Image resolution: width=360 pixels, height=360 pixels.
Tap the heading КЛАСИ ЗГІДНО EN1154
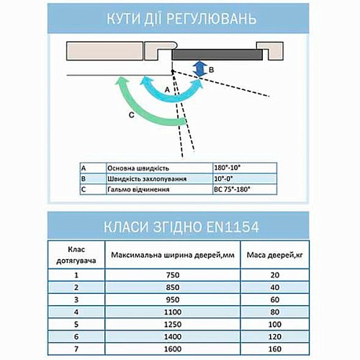point(180,228)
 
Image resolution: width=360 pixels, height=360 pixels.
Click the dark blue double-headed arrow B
point(202,69)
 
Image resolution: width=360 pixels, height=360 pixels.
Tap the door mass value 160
point(273,349)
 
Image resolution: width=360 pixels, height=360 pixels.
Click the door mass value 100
point(273,324)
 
